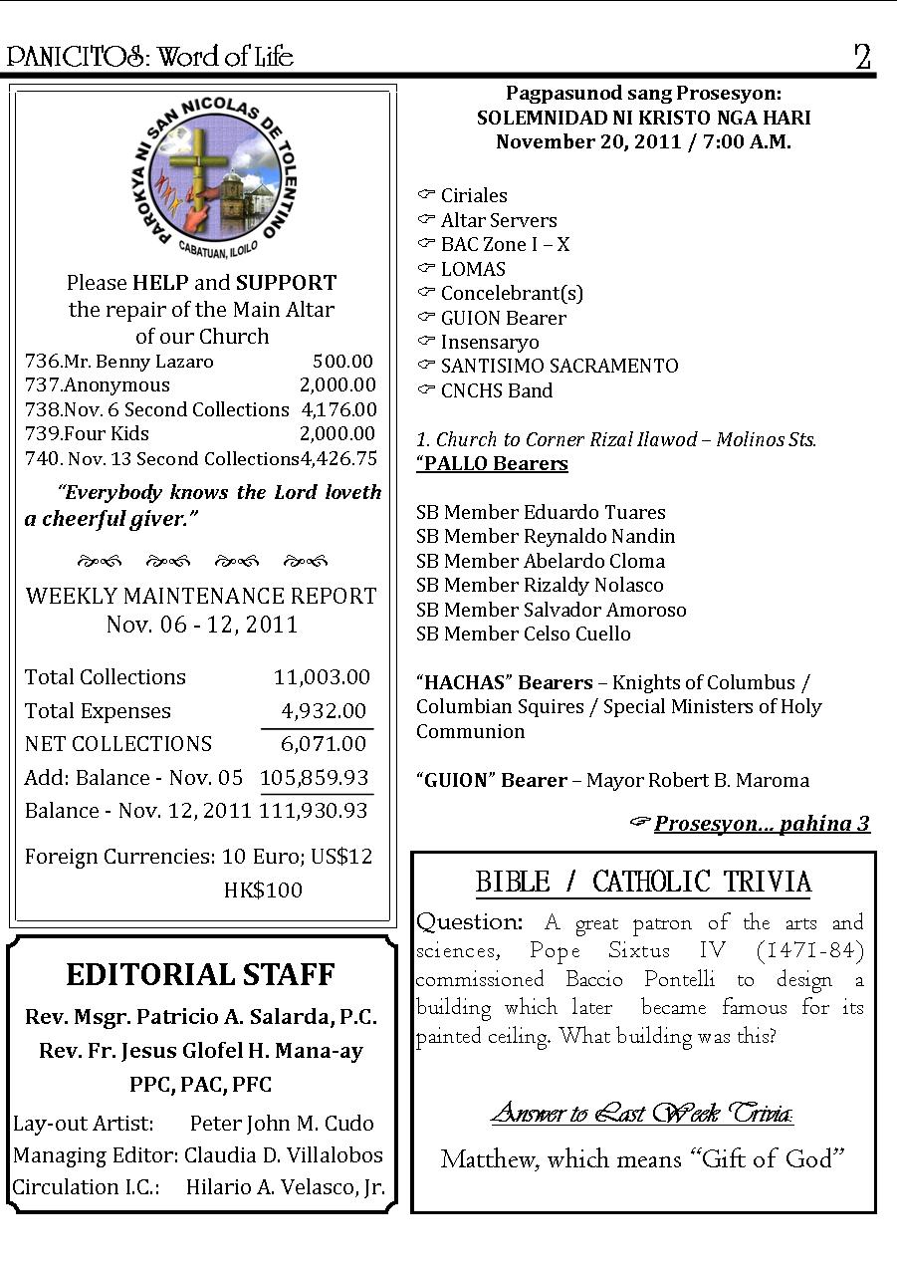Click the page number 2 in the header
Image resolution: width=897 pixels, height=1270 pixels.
click(x=862, y=57)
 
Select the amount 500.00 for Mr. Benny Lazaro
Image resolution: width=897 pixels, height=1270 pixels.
click(x=342, y=362)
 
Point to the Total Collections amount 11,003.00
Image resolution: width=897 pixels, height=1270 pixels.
click(x=322, y=677)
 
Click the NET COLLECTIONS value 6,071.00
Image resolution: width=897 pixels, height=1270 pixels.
click(x=323, y=744)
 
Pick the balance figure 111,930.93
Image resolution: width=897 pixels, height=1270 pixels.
click(x=314, y=811)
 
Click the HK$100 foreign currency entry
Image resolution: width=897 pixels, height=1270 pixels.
click(x=263, y=889)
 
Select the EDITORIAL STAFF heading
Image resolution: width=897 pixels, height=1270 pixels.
click(x=200, y=974)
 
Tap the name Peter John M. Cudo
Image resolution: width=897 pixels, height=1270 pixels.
click(x=282, y=1124)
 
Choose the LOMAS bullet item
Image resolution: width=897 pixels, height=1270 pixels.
click(x=473, y=269)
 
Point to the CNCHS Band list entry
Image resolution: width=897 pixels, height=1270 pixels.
click(x=496, y=391)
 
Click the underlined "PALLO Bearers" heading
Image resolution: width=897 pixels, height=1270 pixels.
click(x=493, y=464)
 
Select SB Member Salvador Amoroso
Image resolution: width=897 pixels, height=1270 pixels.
click(x=551, y=610)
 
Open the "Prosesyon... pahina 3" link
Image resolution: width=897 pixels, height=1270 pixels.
click(x=761, y=824)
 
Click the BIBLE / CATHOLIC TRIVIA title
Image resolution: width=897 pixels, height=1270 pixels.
click(x=643, y=882)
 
